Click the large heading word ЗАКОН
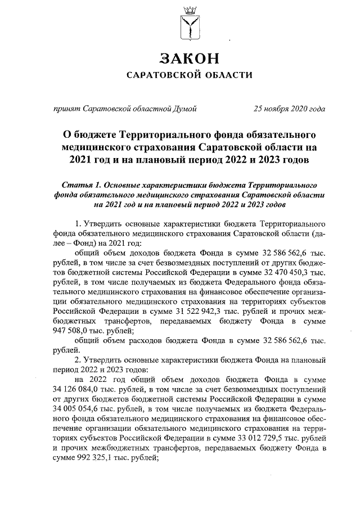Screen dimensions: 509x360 pos(188,58)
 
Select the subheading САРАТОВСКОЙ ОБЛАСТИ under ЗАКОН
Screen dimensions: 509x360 pos(188,75)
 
